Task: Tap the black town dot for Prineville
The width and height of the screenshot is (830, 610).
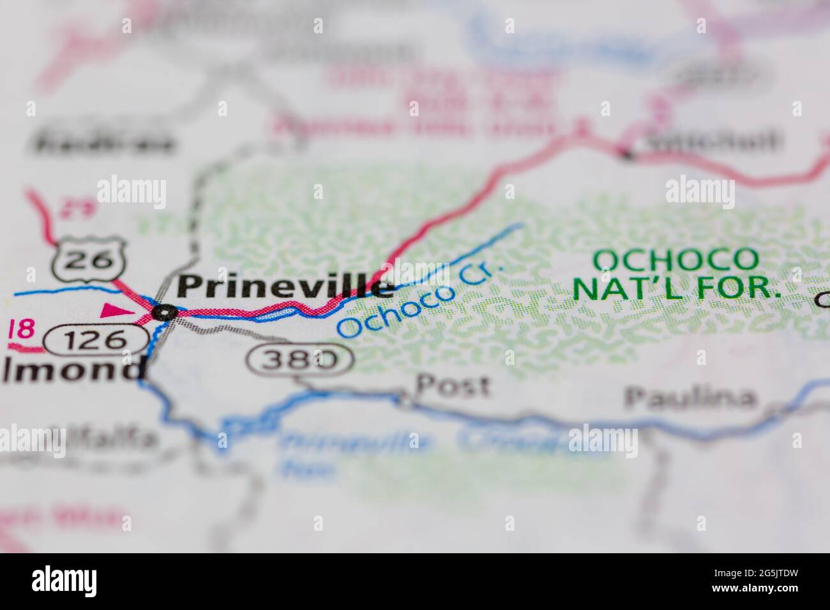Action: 166,312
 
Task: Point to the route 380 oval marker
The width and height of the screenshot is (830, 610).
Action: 300,361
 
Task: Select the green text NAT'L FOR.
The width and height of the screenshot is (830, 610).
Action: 677,288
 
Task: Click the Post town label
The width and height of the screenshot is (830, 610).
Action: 453,386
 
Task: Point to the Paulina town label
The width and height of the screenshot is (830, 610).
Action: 689,398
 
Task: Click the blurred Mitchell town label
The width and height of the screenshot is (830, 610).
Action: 712,140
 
